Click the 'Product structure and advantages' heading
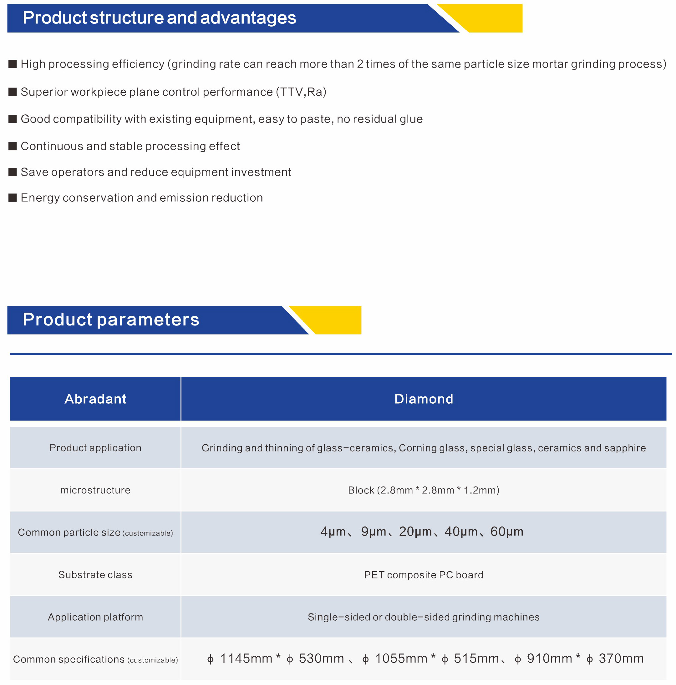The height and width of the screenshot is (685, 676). (159, 18)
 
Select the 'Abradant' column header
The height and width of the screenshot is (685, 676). (95, 399)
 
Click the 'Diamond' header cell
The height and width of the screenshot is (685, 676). (424, 399)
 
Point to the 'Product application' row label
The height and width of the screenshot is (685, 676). (95, 447)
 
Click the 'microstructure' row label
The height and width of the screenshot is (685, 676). (95, 490)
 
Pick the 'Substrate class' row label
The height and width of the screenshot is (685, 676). (95, 574)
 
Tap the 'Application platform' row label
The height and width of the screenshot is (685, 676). (95, 617)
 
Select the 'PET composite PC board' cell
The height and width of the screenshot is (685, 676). (424, 574)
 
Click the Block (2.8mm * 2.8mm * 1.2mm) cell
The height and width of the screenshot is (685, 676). (424, 490)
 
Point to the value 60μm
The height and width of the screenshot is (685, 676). (506, 531)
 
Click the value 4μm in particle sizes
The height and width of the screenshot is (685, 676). (333, 531)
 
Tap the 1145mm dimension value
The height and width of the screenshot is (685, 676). (246, 658)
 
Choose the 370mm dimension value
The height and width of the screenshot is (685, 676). (621, 658)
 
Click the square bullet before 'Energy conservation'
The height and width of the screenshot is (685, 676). (13, 198)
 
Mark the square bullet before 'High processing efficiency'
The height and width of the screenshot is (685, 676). (13, 64)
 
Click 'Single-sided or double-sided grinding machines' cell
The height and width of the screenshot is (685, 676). (424, 617)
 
